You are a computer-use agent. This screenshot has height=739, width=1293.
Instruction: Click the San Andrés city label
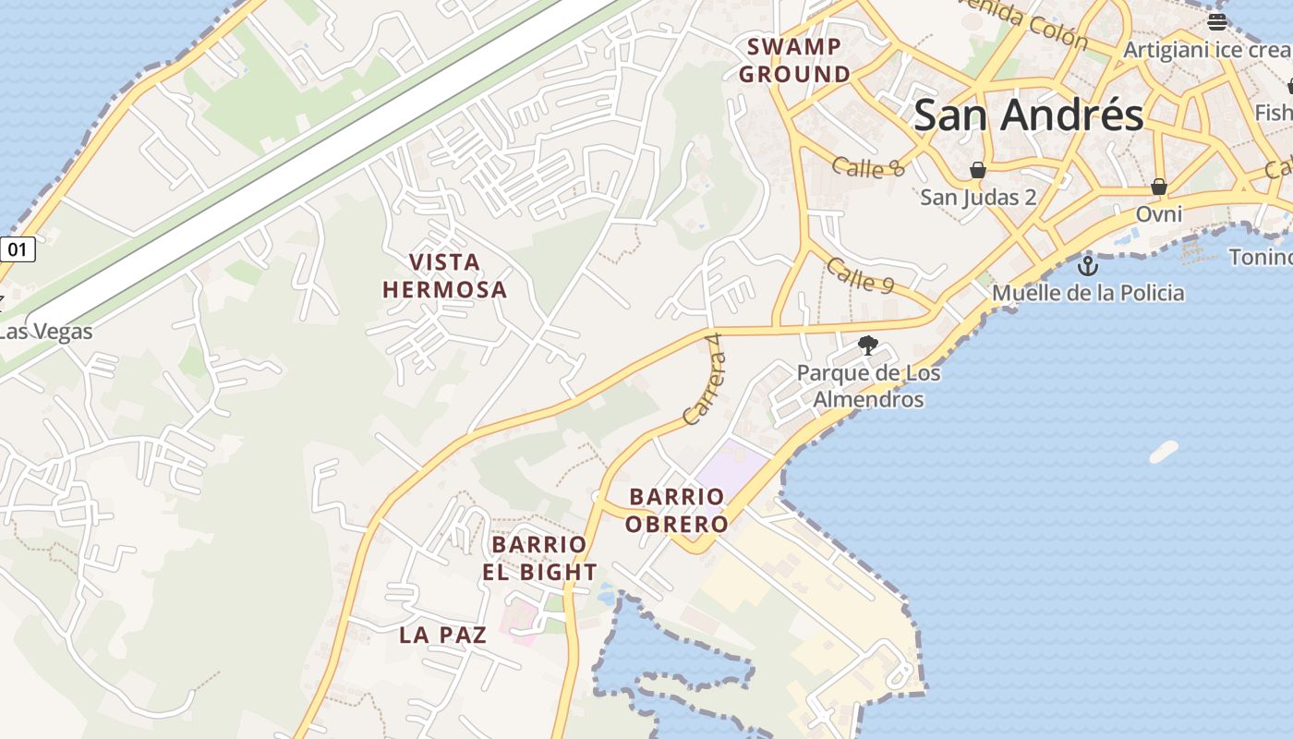(1028, 116)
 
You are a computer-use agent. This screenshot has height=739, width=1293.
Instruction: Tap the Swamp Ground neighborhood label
(794, 60)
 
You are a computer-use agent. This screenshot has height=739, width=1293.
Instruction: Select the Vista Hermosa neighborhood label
(444, 275)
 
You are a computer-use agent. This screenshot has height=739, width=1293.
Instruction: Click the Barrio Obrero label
(676, 511)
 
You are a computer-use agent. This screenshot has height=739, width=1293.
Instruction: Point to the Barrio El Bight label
(539, 558)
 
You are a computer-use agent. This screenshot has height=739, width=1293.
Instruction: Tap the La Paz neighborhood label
(442, 635)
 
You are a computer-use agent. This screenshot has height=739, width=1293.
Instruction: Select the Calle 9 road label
(860, 275)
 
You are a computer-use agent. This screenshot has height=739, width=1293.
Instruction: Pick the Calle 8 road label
(867, 167)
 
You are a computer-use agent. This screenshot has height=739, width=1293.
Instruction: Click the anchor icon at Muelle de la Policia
(1088, 266)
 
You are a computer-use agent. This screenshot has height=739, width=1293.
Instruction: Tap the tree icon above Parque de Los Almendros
(867, 346)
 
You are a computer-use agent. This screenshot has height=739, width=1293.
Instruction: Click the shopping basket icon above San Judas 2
(977, 170)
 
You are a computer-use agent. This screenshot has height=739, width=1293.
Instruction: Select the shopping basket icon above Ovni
(1159, 187)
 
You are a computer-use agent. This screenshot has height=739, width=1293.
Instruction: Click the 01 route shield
(18, 248)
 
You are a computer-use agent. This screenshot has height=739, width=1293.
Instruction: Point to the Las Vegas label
(46, 331)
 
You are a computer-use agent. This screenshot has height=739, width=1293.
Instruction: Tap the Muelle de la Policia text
(1088, 294)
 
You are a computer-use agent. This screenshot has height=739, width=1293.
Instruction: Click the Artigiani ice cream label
(1205, 50)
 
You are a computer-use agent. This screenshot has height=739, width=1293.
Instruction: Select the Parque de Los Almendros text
(868, 386)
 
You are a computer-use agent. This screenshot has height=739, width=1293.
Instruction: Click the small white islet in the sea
(1164, 452)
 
